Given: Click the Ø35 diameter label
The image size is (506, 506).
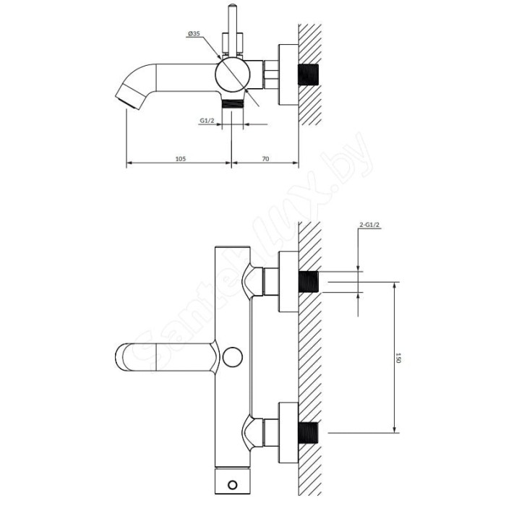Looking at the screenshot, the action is point(194,33).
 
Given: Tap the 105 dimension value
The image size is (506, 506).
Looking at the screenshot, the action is point(181,159).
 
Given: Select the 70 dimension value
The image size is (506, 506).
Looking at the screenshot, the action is point(265,159).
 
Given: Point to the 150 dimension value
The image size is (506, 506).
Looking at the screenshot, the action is point(398,358).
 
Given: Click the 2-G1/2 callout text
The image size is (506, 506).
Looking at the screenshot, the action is point(369,225).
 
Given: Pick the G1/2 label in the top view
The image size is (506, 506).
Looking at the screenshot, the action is point(207,121).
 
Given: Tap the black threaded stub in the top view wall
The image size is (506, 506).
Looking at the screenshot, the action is point(308,74).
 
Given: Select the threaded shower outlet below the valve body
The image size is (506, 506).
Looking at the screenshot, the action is point(232,105).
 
